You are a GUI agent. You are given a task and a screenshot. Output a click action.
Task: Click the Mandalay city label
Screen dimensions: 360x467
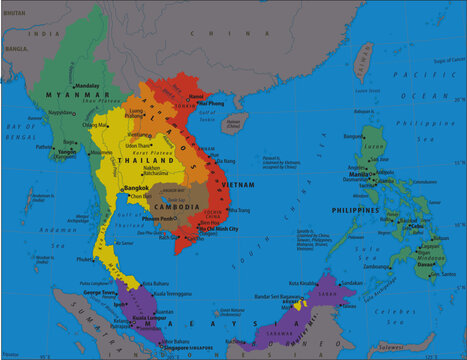[88, 86]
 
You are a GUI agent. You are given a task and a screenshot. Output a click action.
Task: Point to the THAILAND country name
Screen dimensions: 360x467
[140, 160]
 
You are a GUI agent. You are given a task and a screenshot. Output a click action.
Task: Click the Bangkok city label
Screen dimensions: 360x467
[137, 188]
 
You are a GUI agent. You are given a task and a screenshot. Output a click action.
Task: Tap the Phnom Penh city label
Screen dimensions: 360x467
[160, 218]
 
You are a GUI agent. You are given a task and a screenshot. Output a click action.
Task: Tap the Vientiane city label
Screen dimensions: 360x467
[141, 134]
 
